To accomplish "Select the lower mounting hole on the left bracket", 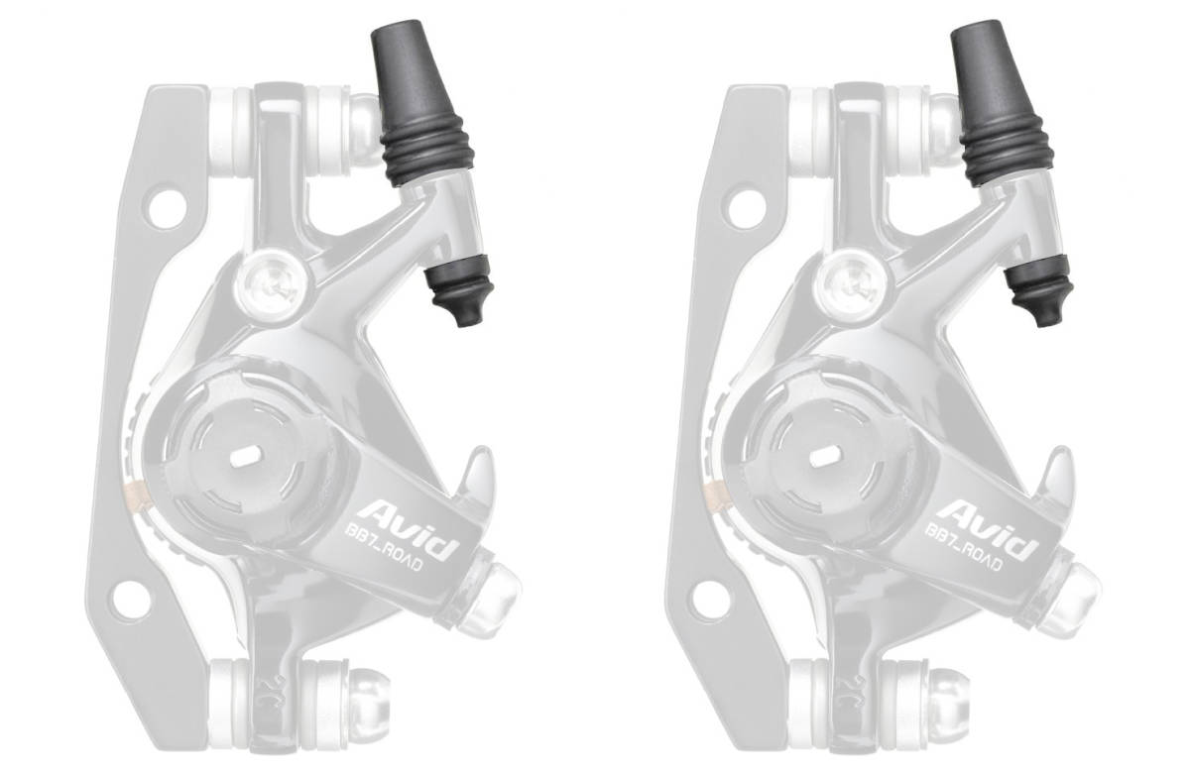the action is (130, 600).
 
